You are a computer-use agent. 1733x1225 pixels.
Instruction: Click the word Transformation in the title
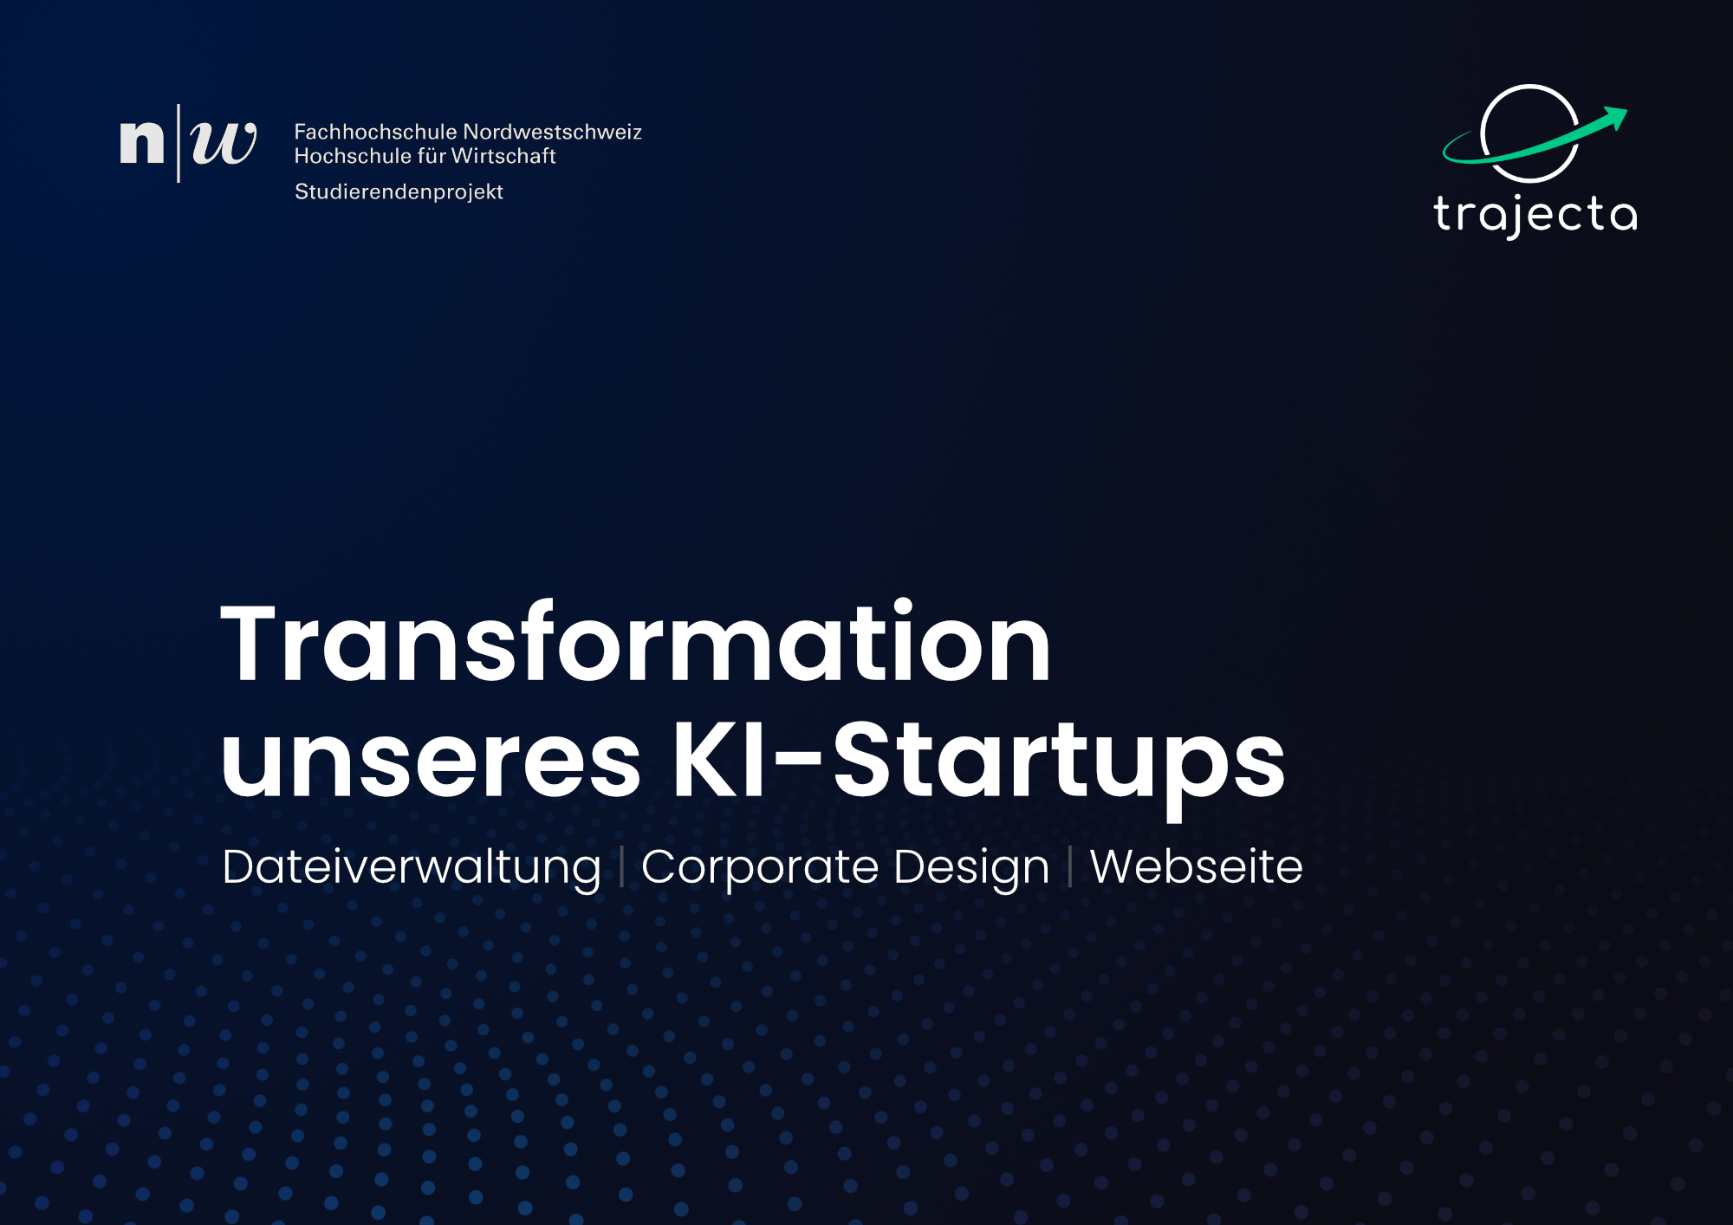tap(636, 642)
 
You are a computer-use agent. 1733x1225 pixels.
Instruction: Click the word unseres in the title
tap(431, 759)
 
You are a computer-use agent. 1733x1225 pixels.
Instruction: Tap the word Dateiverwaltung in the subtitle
tap(412, 868)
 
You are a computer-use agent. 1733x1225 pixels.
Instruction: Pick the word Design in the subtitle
tap(971, 868)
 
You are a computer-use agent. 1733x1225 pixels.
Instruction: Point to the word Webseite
tap(1197, 865)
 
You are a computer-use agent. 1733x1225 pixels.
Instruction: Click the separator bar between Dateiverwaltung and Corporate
tap(622, 866)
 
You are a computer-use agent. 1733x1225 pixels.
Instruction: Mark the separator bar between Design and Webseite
tap(1070, 866)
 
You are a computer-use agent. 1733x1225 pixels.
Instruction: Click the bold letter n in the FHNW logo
tap(142, 142)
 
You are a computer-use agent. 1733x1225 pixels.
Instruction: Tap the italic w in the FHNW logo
tap(223, 142)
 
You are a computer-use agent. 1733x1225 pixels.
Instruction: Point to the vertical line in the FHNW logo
tap(178, 143)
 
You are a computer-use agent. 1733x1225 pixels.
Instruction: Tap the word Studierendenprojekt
tap(399, 191)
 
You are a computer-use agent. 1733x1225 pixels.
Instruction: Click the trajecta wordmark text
tap(1535, 214)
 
